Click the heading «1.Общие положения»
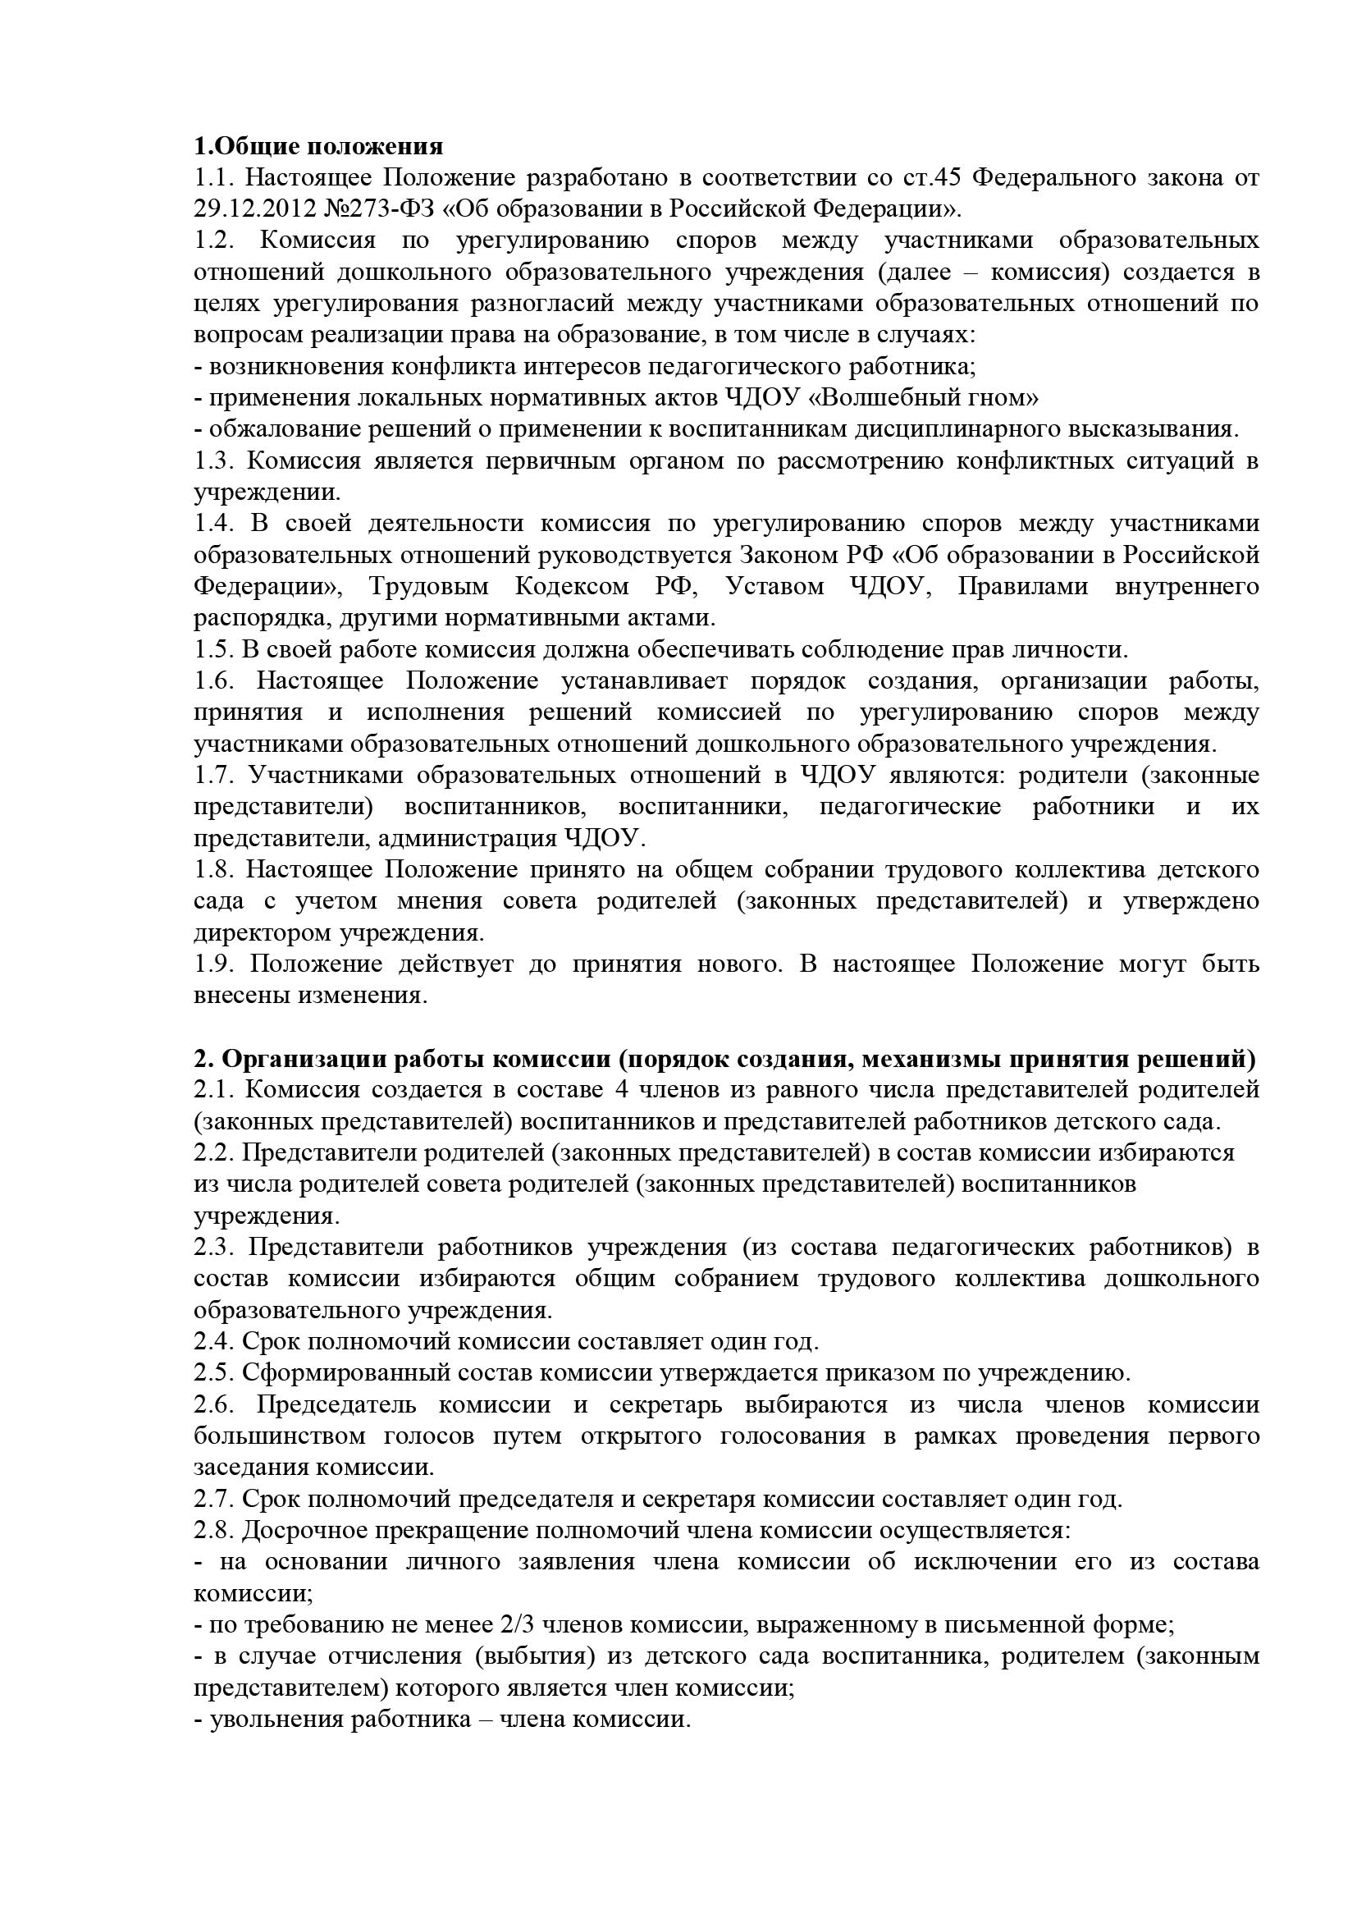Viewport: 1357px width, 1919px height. pos(318,147)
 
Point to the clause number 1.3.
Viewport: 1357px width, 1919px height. pos(215,460)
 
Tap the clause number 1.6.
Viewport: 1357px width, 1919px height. pos(215,681)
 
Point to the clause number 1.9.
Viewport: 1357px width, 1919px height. pos(215,964)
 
